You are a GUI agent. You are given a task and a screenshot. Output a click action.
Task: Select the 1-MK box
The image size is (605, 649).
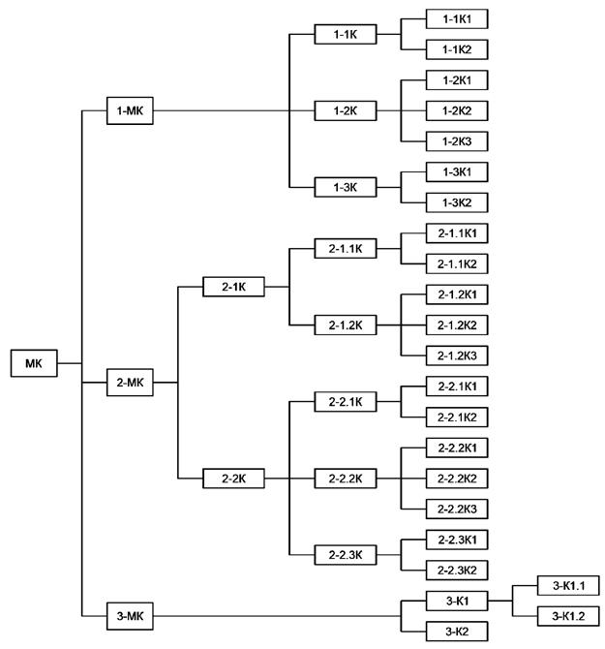(x=130, y=110)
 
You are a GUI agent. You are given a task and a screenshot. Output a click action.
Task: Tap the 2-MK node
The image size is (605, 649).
(x=130, y=383)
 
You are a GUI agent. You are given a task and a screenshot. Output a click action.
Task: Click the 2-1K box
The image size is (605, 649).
(x=232, y=287)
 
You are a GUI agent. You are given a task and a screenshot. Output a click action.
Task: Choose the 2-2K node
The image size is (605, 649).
(x=232, y=478)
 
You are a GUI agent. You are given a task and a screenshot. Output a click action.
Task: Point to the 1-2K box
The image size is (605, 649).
(x=346, y=110)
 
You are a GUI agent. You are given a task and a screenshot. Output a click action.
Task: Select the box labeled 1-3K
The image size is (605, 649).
(x=346, y=186)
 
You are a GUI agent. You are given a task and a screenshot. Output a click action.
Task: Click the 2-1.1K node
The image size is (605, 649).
(x=346, y=249)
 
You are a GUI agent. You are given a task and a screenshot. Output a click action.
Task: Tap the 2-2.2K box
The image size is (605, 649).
(x=346, y=478)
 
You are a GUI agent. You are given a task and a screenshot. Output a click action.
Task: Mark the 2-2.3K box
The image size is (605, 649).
(x=346, y=554)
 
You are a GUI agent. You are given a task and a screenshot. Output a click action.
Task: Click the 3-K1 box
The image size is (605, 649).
(x=457, y=601)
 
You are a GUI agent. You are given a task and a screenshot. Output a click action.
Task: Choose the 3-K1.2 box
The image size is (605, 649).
(x=568, y=615)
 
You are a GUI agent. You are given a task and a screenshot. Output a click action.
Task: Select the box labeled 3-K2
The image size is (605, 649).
(x=457, y=632)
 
